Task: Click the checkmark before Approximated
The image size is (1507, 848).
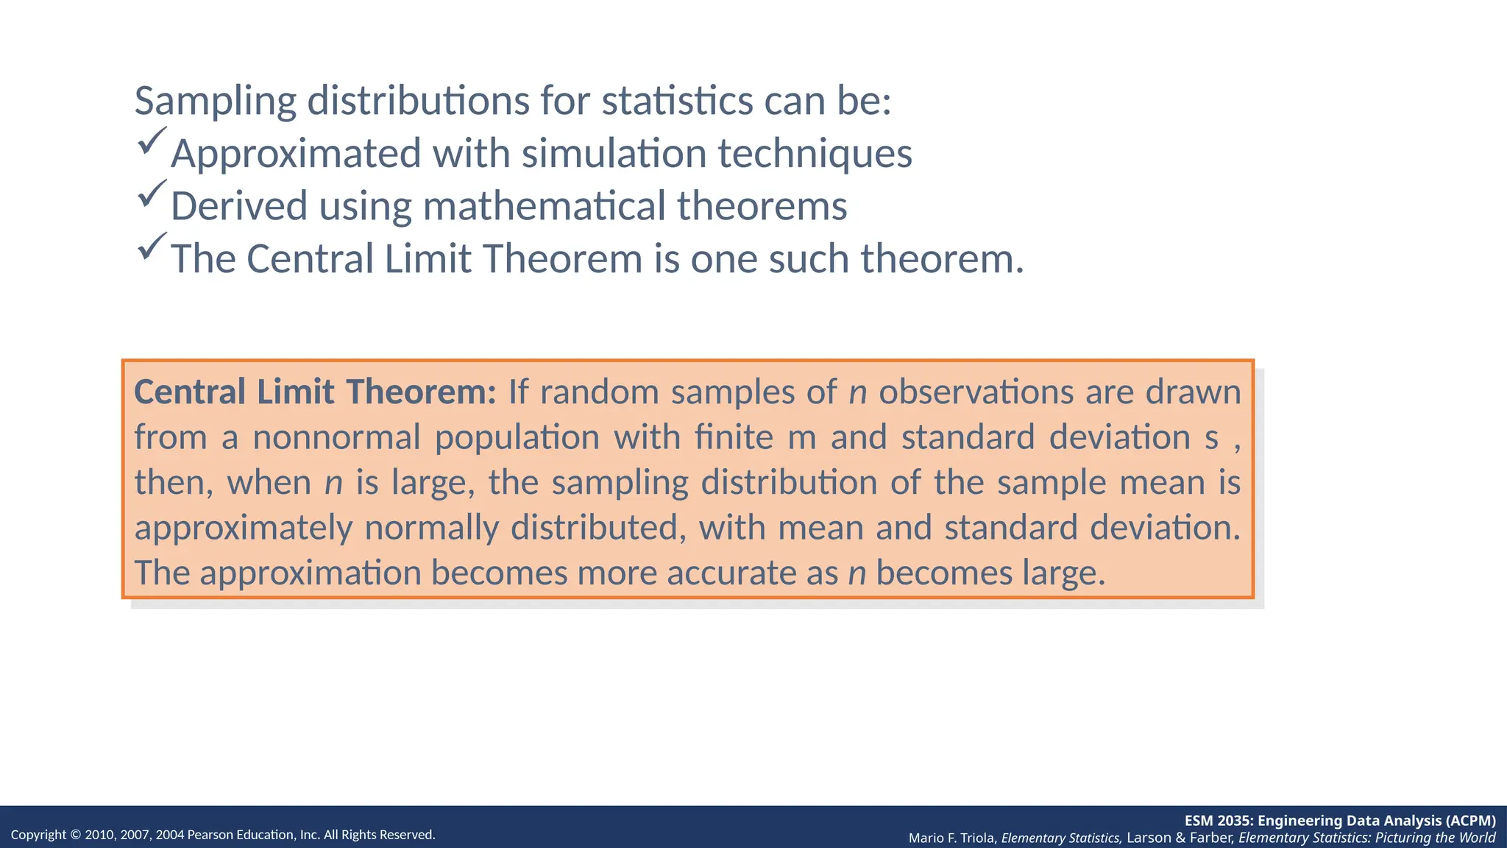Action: (x=152, y=141)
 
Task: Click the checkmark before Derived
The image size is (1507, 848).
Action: (x=152, y=193)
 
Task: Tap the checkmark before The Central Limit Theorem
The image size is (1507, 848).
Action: (x=152, y=246)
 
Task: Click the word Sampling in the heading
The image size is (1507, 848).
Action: (x=215, y=102)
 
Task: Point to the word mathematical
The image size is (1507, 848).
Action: (x=544, y=206)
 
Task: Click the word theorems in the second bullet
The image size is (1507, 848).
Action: (x=762, y=206)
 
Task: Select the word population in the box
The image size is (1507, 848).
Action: (x=517, y=437)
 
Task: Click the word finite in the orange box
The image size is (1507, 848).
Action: (x=734, y=437)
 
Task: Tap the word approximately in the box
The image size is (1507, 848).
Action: (x=244, y=529)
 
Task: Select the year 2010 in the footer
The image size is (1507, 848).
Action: (x=99, y=835)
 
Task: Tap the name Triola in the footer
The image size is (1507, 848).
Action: (x=978, y=838)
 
